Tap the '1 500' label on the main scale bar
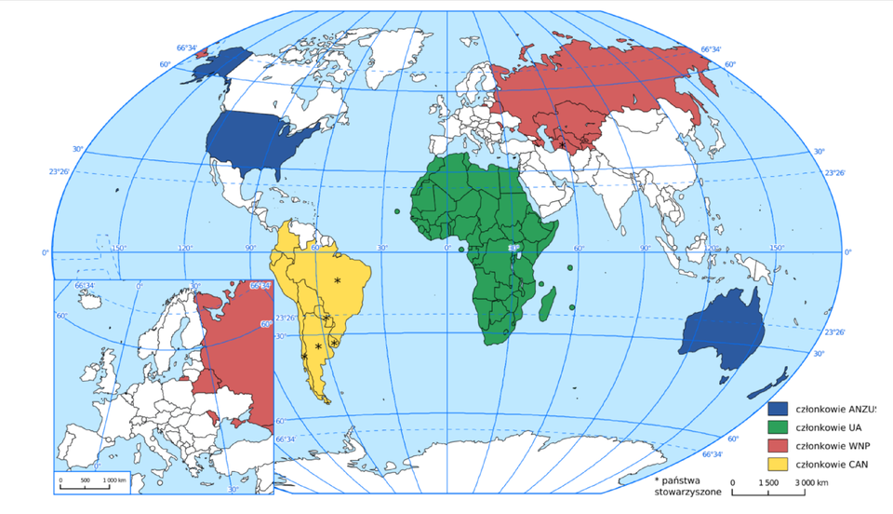[768, 482]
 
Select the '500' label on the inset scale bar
[85, 480]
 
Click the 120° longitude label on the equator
[185, 248]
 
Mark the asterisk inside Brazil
[338, 280]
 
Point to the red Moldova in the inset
[216, 415]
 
